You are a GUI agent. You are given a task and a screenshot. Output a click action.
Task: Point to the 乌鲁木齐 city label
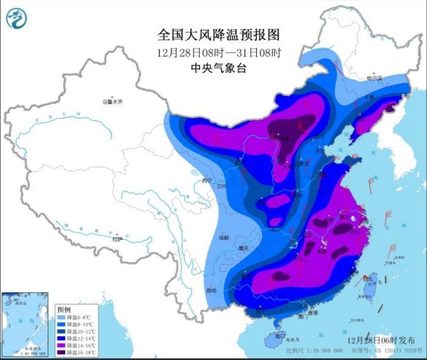click(x=112, y=102)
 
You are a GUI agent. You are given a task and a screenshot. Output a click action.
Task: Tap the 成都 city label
click(x=223, y=238)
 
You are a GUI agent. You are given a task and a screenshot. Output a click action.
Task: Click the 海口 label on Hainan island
click(x=279, y=336)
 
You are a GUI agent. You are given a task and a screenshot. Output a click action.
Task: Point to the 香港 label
click(x=312, y=312)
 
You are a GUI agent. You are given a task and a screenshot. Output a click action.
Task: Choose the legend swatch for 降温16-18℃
click(x=62, y=352)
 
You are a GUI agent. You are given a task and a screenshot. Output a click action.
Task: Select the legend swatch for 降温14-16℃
click(x=62, y=345)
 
